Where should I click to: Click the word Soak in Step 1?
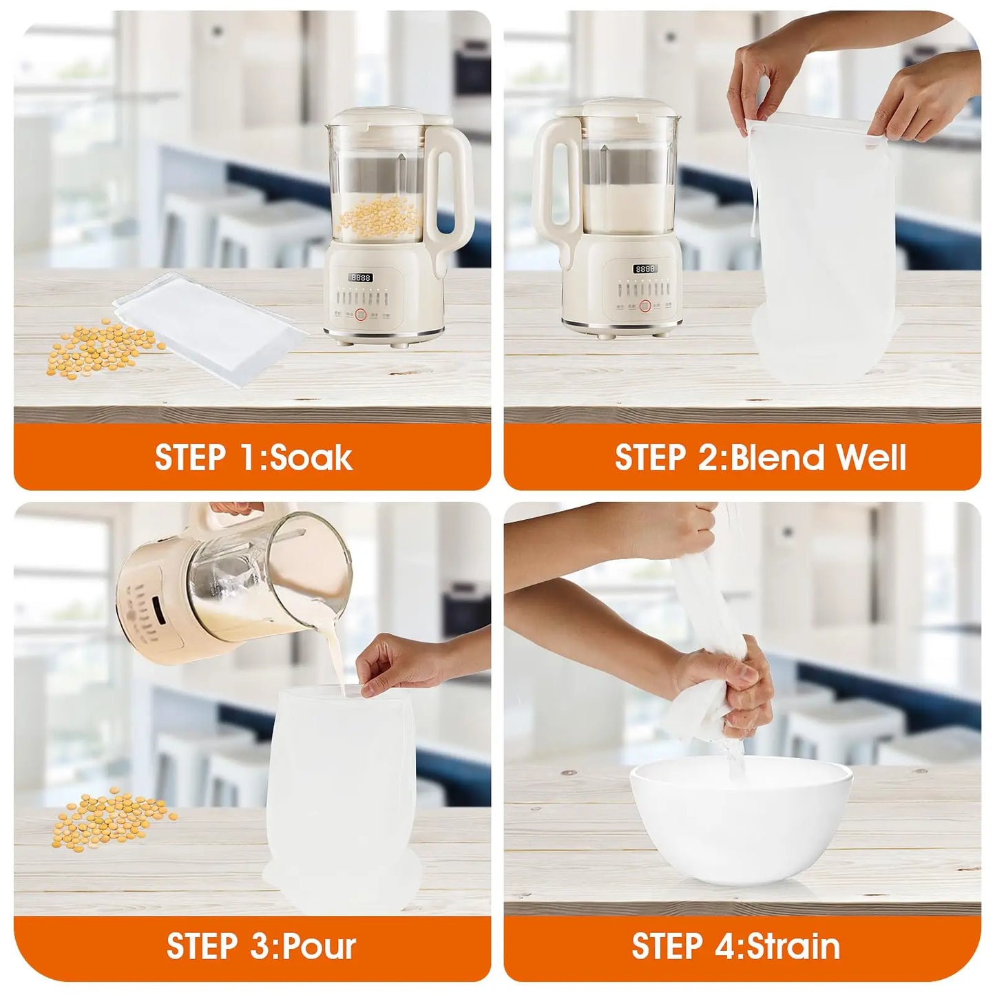[311, 457]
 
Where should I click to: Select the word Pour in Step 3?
[319, 946]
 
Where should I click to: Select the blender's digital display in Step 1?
[361, 277]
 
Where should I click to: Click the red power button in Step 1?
[361, 316]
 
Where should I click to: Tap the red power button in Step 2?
[645, 306]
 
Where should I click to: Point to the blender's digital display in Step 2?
[645, 269]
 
